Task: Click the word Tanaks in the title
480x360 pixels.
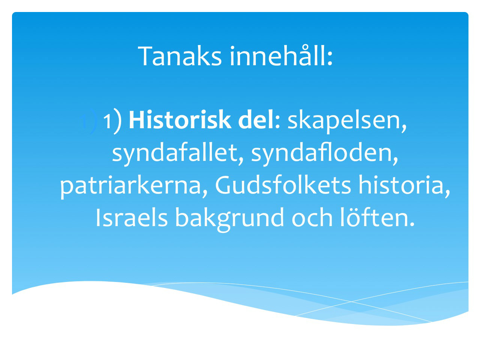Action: (x=180, y=56)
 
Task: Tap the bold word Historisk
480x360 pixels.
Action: (x=180, y=120)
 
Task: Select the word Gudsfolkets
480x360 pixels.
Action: (x=283, y=185)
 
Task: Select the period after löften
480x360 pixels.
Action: (x=411, y=225)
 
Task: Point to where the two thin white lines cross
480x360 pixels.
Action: (x=351, y=301)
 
